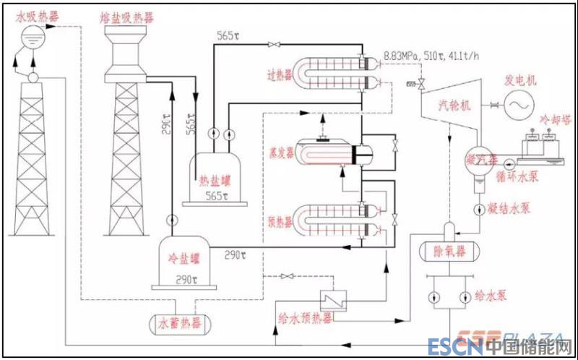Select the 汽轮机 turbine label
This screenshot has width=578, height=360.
click(455, 106)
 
